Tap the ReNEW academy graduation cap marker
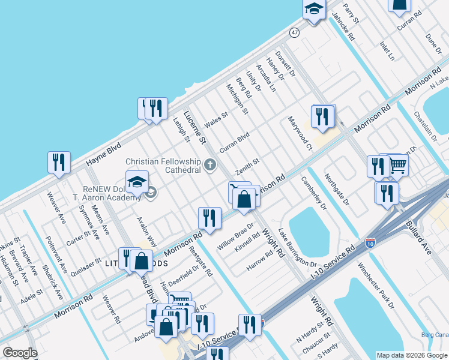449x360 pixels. tap(137, 181)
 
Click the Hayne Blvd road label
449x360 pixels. tap(103, 154)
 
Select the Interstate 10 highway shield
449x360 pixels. tap(370, 243)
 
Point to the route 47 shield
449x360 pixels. tap(294, 32)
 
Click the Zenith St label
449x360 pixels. tap(247, 163)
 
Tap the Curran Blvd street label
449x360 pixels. tap(234, 142)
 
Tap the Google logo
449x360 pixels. tap(20, 353)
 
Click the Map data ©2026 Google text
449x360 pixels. tap(412, 355)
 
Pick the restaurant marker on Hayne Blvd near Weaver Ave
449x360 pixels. tap(59, 162)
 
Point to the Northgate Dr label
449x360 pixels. tap(337, 189)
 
